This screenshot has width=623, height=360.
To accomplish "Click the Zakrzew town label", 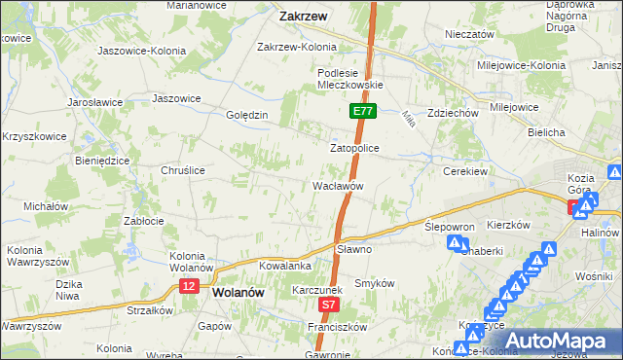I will pos(302,17).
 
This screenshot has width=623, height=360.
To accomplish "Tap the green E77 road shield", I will pos(362,112).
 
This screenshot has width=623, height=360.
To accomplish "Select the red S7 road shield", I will pos(330,306).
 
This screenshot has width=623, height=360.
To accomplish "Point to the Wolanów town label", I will pos(238,291).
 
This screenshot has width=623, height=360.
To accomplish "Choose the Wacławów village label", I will pos(338,185).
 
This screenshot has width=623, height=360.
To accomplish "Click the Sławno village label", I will pos(355,249).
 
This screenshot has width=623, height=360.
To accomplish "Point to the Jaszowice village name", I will pos(176,98).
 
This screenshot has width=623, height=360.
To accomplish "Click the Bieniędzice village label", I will pos(102,161).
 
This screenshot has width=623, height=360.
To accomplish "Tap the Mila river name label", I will pos(408,117).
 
